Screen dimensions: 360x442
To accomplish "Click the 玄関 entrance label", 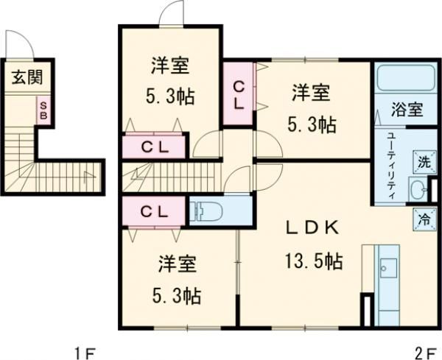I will click(26, 77).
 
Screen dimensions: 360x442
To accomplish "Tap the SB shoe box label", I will click(44, 111).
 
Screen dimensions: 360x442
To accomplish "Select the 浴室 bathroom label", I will click(406, 110).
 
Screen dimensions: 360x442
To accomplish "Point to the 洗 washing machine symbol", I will click(425, 161).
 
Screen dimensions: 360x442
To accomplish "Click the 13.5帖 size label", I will click(313, 261).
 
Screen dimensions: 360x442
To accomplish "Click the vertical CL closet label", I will click(239, 93).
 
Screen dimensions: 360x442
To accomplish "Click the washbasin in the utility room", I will click(419, 189).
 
